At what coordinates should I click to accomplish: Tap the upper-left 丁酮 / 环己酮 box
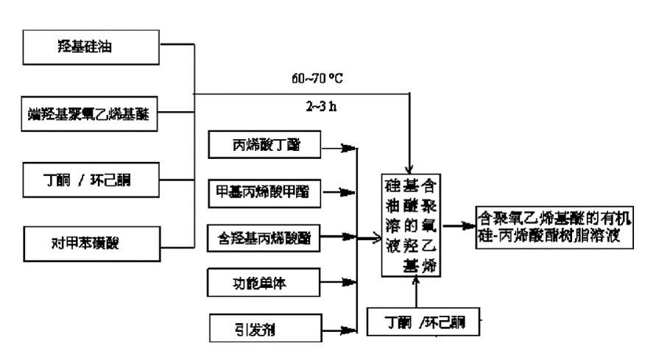click(89, 179)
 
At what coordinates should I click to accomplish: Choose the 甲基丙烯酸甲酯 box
click(264, 192)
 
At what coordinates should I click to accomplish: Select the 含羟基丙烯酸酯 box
click(264, 236)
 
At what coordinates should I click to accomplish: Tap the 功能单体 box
click(264, 280)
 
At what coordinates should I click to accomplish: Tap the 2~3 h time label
click(322, 105)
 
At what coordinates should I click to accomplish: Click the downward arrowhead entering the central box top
click(409, 167)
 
